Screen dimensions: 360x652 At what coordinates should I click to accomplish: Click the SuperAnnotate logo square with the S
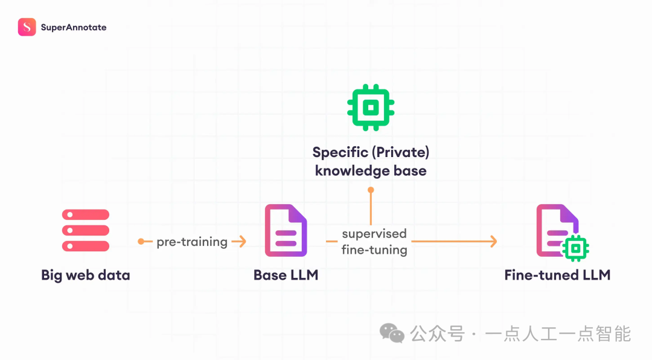pos(27,27)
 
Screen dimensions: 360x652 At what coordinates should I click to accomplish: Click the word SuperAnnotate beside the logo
pos(74,27)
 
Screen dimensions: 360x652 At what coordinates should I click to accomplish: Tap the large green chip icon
pos(371,108)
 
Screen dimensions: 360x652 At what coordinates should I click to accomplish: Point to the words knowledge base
pos(371,171)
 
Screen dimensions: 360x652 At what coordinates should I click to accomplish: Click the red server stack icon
pos(85,230)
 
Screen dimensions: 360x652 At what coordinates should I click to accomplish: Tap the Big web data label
pos(85,275)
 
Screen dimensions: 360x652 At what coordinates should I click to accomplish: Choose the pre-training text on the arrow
pos(192,242)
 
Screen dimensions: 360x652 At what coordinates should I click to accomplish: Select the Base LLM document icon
pos(286,230)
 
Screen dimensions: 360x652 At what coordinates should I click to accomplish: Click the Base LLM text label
pos(286,275)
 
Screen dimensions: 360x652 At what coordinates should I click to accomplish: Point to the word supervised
pos(374,234)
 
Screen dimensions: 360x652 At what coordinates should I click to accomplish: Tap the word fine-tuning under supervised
pos(374,249)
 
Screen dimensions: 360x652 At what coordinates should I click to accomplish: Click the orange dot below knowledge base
pos(371,190)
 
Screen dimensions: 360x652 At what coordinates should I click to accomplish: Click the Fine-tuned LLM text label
pos(557,275)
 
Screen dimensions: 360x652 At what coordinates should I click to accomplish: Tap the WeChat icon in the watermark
pos(392,333)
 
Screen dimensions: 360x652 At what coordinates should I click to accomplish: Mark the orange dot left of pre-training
pos(141,242)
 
